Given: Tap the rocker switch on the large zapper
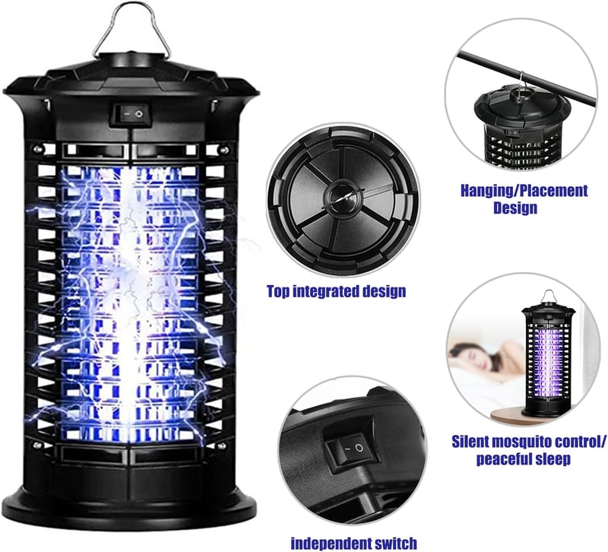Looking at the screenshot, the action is (x=130, y=114).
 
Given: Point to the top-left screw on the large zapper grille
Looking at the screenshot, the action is (x=37, y=148).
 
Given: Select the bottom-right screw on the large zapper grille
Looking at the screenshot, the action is (x=222, y=446).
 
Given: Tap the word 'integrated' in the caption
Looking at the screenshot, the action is (x=330, y=292).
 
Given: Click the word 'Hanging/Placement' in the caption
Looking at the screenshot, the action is (x=524, y=191).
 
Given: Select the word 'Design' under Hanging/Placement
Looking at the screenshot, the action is (x=515, y=208).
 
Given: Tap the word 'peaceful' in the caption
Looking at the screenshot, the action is (x=504, y=460).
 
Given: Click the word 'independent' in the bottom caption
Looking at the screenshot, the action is (x=329, y=543).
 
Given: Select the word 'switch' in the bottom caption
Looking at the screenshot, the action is (x=394, y=543).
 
